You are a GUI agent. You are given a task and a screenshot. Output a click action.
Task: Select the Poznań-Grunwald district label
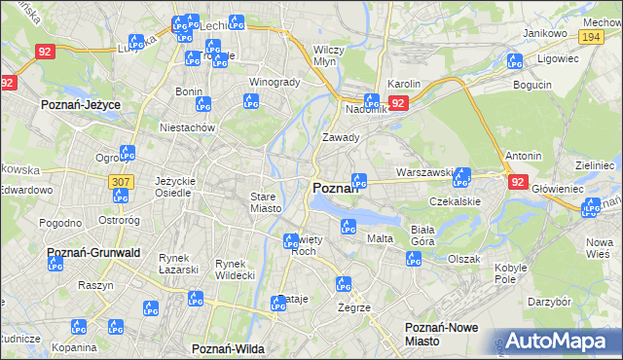point(94,252)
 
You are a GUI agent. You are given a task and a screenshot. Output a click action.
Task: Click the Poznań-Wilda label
point(229,347)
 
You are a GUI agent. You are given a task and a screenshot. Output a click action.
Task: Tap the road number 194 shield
point(589,36)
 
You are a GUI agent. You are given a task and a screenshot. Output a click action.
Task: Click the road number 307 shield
point(121,182)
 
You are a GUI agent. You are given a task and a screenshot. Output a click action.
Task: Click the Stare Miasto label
point(266,201)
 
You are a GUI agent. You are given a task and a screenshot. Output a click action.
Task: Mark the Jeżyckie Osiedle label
point(176,186)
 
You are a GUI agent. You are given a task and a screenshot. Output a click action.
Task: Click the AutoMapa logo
point(560,342)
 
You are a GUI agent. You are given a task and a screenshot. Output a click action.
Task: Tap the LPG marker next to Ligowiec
point(515,62)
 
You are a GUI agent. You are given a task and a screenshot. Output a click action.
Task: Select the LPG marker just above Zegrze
point(343,285)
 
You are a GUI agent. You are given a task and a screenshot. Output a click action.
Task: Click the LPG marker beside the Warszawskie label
point(461,177)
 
